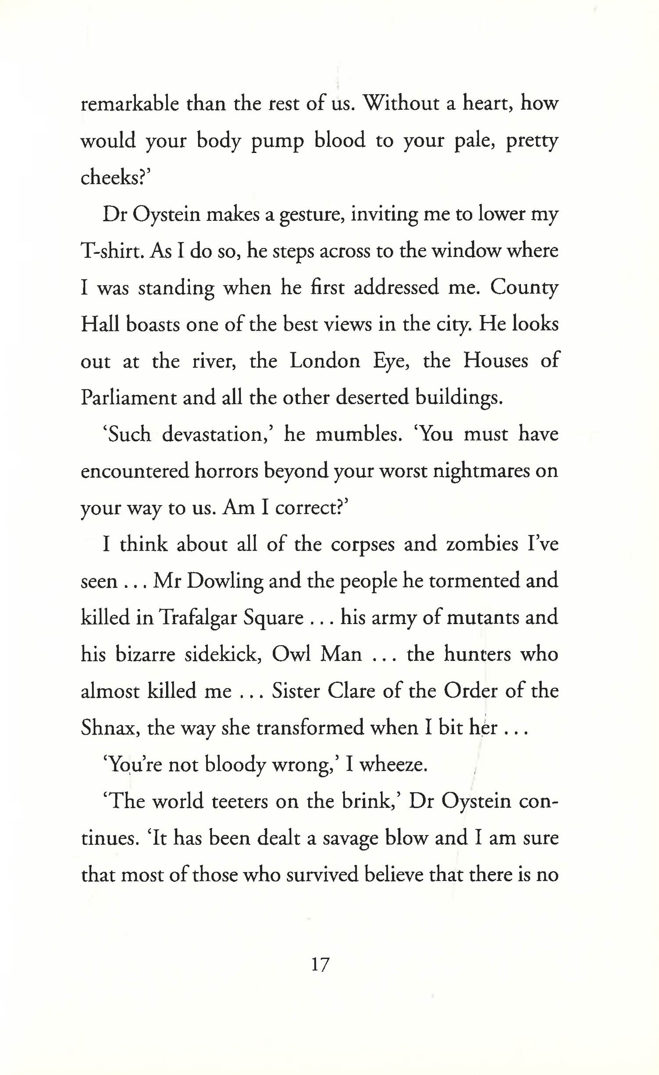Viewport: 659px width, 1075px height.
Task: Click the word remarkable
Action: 130,105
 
